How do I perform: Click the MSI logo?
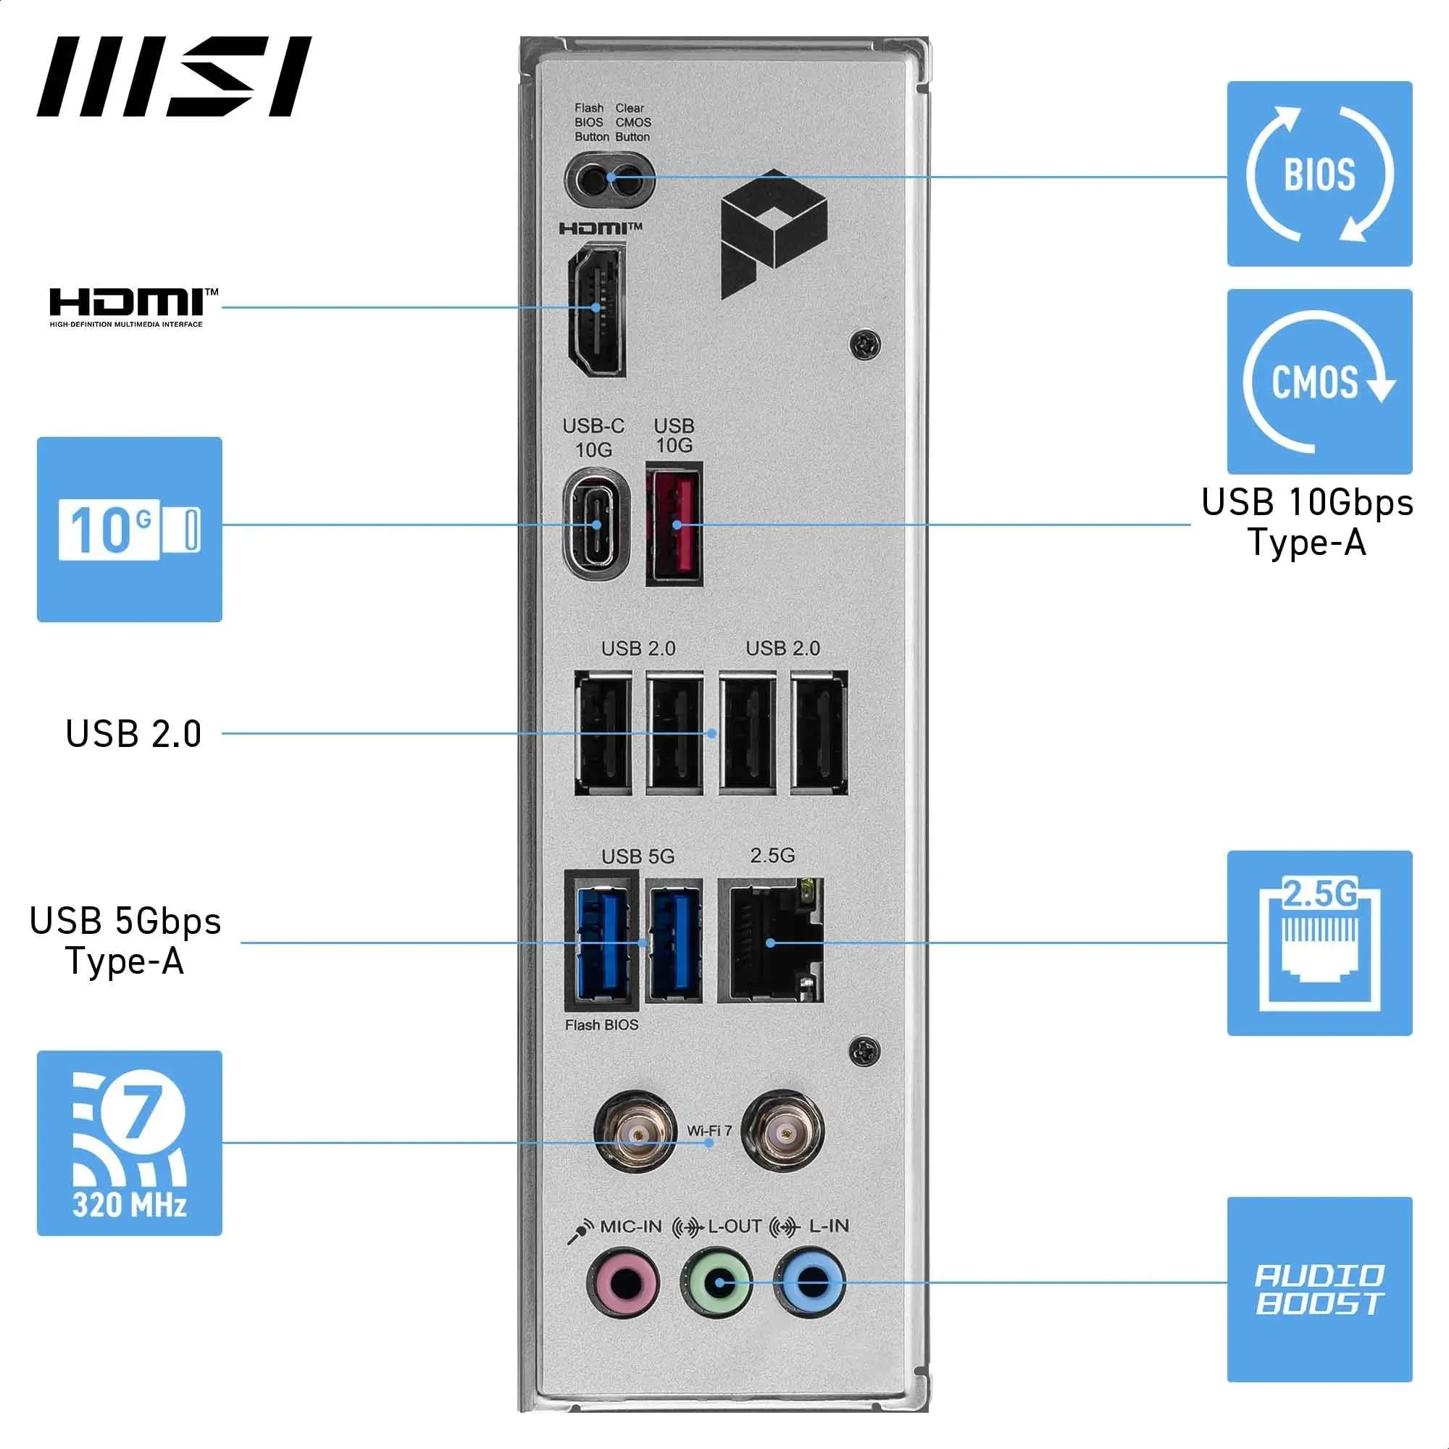[x=174, y=77]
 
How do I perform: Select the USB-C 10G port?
[x=596, y=524]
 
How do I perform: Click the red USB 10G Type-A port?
[x=675, y=524]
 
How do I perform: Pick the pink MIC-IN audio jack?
[x=622, y=1283]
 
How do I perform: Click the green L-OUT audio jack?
[x=717, y=1283]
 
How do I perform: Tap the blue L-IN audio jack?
[x=810, y=1283]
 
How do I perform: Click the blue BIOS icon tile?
[x=1319, y=174]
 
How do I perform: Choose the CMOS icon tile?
[x=1319, y=381]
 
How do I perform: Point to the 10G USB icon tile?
[x=129, y=530]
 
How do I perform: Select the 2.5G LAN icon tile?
[x=1319, y=943]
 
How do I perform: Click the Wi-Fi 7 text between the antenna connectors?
[x=709, y=1130]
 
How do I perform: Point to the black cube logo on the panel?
[x=772, y=233]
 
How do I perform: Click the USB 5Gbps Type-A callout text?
[x=125, y=940]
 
